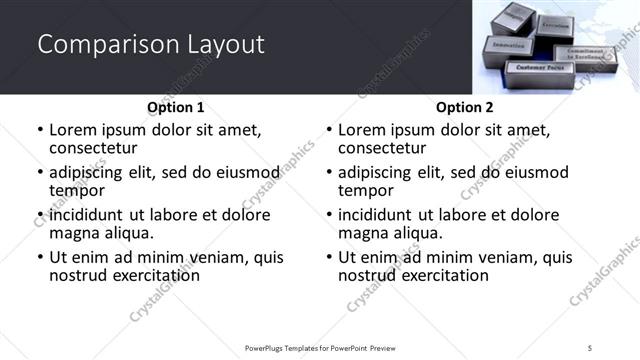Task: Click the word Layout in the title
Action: click(x=224, y=44)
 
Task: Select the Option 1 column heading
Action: click(x=175, y=107)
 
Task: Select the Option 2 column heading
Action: click(x=464, y=107)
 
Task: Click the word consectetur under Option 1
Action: click(x=96, y=148)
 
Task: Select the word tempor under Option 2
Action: click(x=363, y=190)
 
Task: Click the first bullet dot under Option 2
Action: click(x=328, y=131)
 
